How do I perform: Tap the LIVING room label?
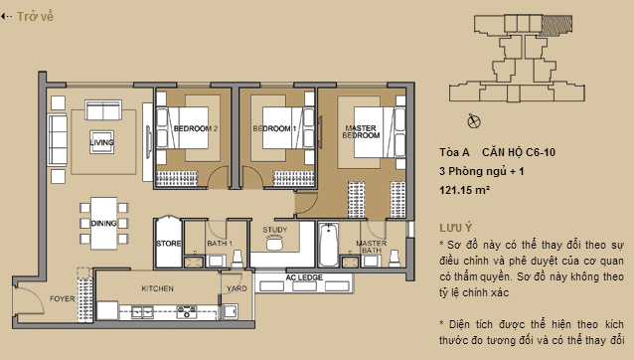point(101,142)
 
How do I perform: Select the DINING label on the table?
point(103,224)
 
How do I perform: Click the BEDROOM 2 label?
point(196,129)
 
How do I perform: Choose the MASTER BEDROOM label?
point(361,130)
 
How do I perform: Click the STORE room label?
point(167,243)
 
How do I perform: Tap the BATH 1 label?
point(219,243)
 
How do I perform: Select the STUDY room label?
point(275,230)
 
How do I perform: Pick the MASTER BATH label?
point(371,248)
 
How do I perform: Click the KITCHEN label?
point(158,288)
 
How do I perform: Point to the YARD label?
point(237,288)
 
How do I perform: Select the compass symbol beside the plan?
point(473,120)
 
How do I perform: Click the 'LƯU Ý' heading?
point(453,227)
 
